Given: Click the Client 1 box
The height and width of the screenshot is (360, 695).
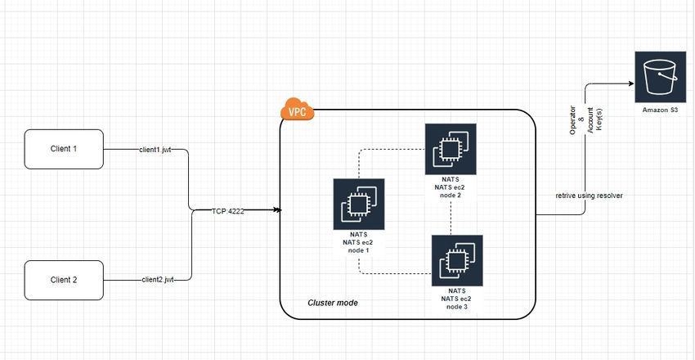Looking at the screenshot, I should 64,149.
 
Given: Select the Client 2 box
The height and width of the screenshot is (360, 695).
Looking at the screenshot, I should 64,280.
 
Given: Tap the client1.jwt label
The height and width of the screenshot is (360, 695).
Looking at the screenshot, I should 155,151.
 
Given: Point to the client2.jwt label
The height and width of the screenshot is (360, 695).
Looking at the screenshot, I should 158,280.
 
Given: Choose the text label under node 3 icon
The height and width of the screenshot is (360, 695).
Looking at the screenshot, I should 457,298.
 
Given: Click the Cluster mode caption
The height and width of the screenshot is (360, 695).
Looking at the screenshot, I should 332,304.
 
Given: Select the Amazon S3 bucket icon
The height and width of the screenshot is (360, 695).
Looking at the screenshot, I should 659,76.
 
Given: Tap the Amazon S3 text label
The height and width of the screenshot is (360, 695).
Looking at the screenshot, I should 659,110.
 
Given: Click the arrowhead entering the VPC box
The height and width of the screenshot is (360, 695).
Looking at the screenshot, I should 278,210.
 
